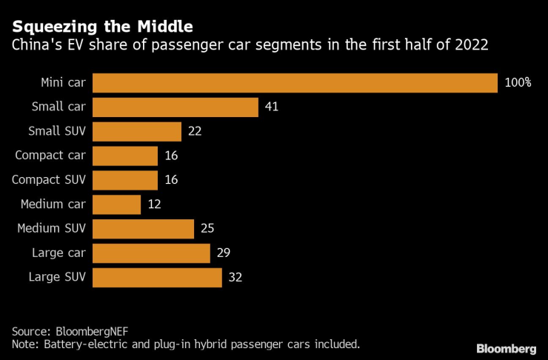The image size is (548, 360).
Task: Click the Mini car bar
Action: [295, 83]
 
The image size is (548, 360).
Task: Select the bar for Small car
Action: [176, 107]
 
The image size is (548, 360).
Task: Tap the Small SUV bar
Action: [137, 132]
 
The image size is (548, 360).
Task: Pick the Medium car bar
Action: [117, 204]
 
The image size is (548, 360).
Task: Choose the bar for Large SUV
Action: [158, 278]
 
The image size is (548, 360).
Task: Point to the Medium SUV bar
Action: [144, 229]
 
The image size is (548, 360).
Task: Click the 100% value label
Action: [518, 83]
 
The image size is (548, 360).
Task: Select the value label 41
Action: [271, 107]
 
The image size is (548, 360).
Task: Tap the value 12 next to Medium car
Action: [154, 204]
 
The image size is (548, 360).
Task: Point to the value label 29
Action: [224, 253]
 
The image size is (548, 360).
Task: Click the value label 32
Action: [235, 278]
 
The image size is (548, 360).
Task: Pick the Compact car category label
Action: [50, 156]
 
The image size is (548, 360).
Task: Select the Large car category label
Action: [59, 253]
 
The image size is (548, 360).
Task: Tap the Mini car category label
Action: [63, 83]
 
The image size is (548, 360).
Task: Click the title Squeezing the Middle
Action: [102, 27]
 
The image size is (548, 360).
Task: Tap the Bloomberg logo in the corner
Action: [506, 348]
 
